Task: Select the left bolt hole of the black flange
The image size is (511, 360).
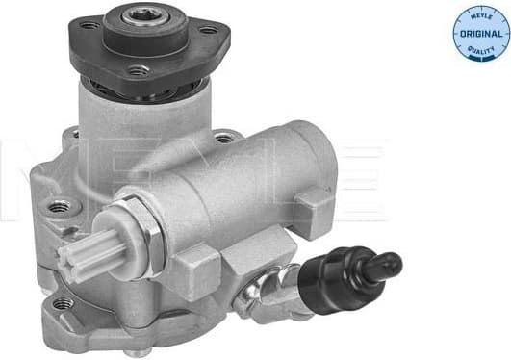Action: pos(89,26)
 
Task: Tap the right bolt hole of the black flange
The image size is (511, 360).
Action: pos(207,30)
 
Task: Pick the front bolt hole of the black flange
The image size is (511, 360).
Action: pos(138,70)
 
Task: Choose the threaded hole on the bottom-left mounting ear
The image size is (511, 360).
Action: pos(64,303)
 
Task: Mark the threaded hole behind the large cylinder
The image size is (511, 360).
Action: pos(223,138)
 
